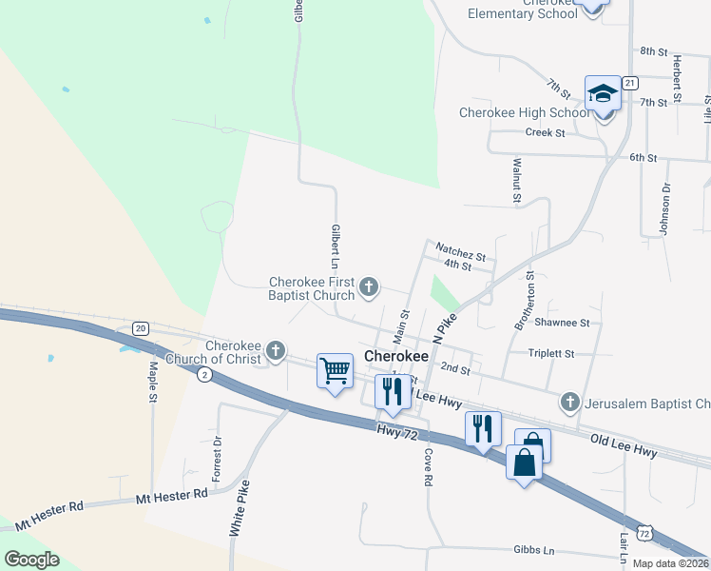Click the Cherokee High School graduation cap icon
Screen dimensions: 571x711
click(x=603, y=94)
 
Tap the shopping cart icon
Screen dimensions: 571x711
click(x=335, y=371)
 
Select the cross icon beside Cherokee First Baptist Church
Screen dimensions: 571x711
click(x=370, y=285)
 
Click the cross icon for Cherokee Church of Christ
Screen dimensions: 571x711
click(x=276, y=351)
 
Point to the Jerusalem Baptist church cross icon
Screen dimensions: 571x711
click(x=569, y=403)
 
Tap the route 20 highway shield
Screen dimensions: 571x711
click(x=141, y=328)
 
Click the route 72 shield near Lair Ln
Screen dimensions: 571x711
click(x=645, y=536)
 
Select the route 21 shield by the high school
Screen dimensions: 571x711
click(x=630, y=84)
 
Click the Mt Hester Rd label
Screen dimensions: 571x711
click(x=171, y=495)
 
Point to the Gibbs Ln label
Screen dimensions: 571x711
click(x=533, y=550)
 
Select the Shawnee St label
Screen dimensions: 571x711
click(x=563, y=323)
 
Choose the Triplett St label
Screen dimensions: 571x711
click(x=552, y=353)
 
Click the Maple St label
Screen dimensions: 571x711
click(x=152, y=381)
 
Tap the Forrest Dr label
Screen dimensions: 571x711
click(x=217, y=459)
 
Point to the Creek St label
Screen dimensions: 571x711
click(x=545, y=132)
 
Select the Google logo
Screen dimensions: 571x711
click(x=31, y=560)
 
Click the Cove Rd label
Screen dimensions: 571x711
click(x=427, y=466)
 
